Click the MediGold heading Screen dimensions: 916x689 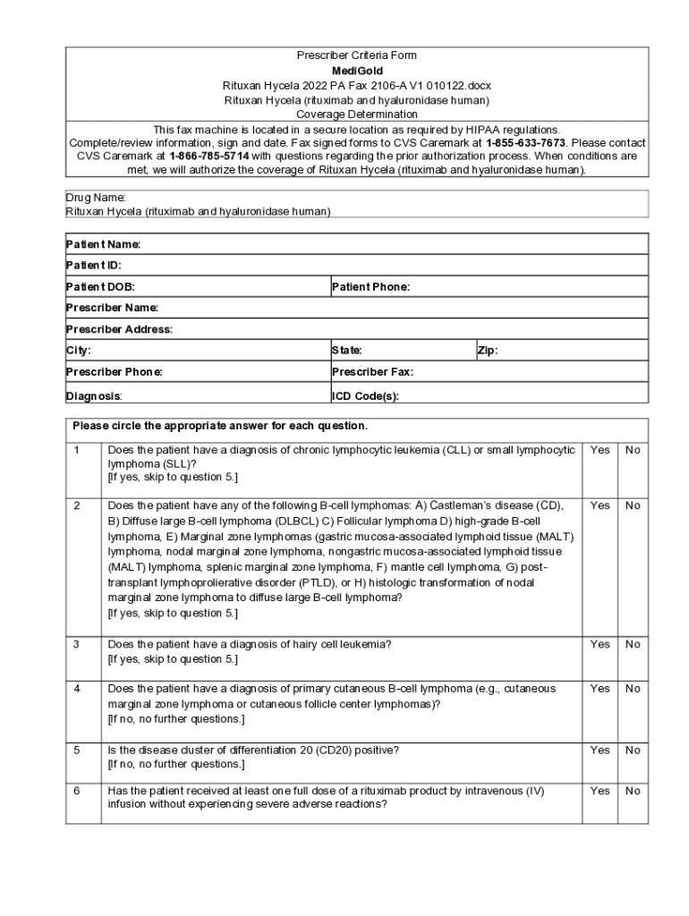356,70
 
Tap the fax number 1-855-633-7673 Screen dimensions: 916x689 525,143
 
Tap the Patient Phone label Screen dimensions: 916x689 370,287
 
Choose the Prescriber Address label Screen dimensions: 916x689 119,329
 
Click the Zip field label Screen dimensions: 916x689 488,351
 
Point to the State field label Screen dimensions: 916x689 346,351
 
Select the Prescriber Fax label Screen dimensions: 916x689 372,372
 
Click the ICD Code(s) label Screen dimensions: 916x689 365,395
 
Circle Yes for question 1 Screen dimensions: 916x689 600,451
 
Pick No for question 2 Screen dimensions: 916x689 633,505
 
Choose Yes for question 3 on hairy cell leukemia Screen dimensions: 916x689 600,644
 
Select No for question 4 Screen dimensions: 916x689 633,689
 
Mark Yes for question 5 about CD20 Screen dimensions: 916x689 600,751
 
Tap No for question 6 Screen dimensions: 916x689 633,791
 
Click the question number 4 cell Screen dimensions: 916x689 77,689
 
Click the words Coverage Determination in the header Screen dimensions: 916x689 356,114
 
